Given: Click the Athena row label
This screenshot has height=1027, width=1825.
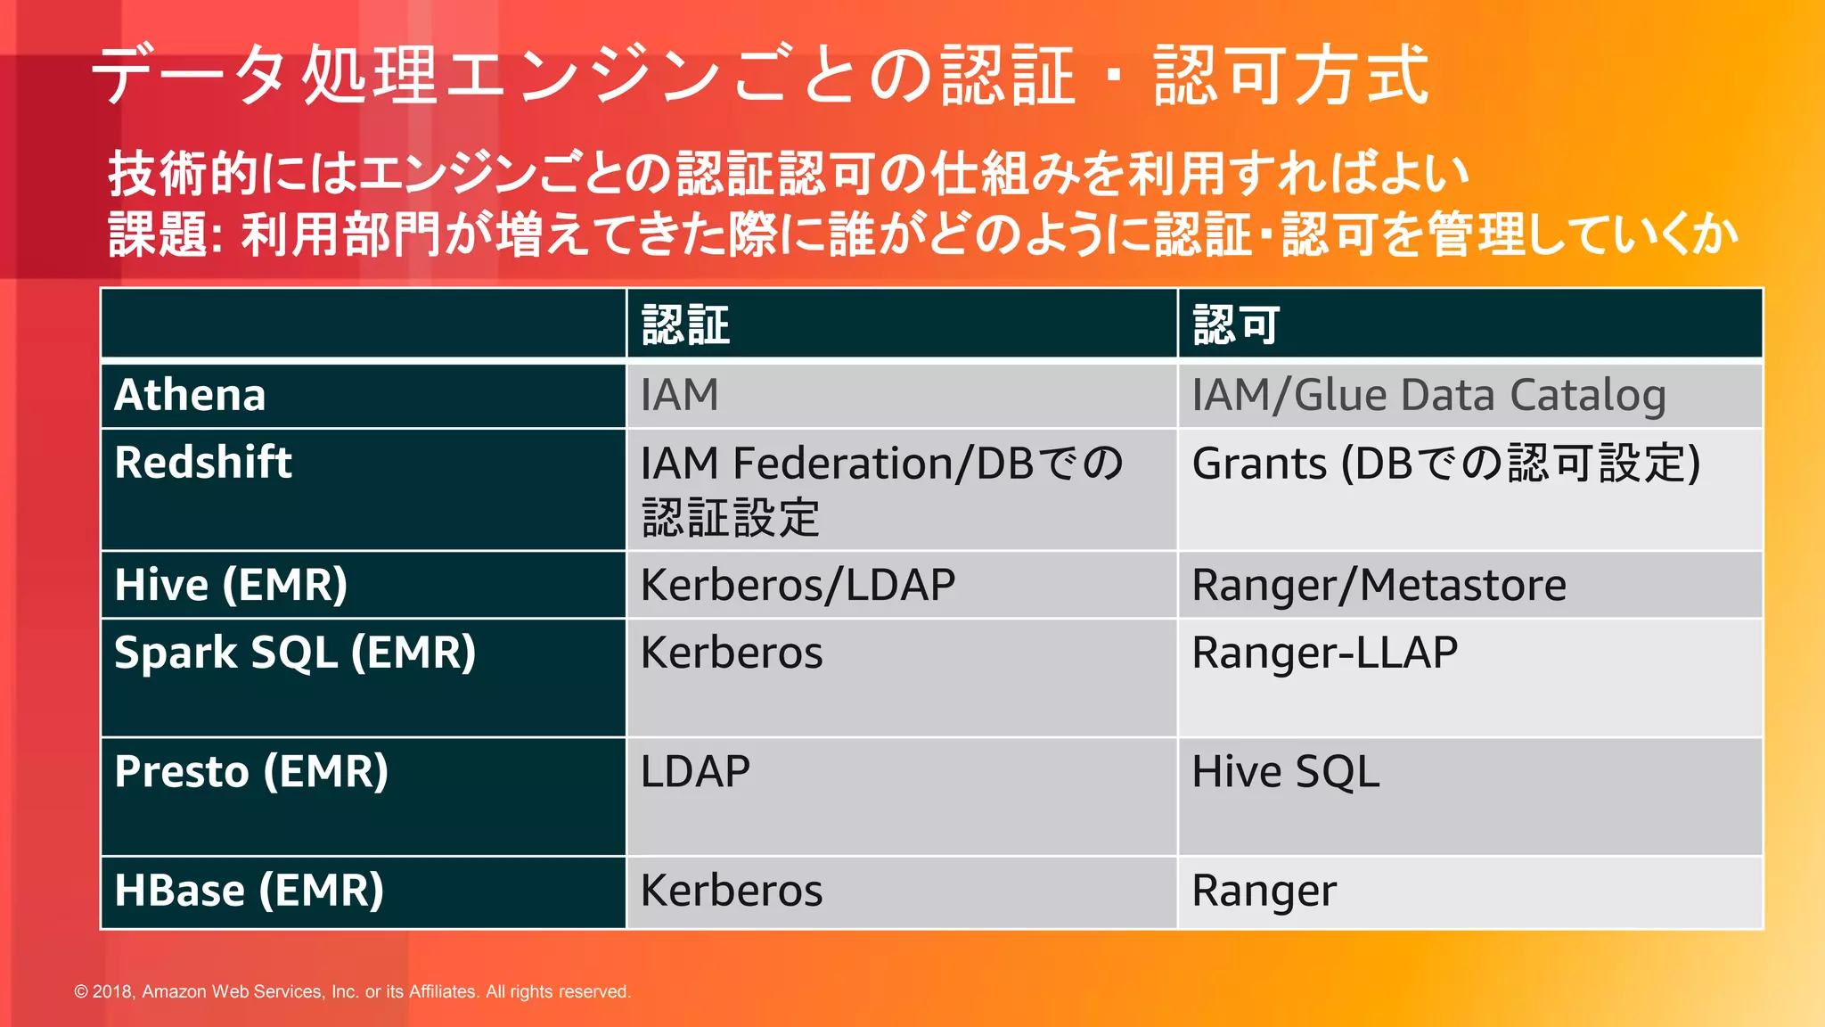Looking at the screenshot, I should coord(190,395).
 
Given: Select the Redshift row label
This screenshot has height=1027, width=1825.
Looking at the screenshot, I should coord(203,463).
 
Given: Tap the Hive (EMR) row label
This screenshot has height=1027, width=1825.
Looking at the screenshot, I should coord(231,585).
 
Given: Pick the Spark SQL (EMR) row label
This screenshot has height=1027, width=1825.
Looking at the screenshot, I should coord(295,653).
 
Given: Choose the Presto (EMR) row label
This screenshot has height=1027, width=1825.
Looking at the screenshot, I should coord(251,772).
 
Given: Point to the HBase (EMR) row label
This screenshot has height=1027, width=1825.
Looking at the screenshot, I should coord(249,891).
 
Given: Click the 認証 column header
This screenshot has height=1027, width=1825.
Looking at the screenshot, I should coord(685,325).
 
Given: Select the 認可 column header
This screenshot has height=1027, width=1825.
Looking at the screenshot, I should coord(1236,325).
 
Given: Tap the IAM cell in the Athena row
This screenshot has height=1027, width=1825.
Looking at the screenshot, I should coord(679,395).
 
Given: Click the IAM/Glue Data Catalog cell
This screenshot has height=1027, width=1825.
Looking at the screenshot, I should coord(1428,395).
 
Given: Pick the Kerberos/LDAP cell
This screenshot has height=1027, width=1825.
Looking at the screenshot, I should coord(798,585).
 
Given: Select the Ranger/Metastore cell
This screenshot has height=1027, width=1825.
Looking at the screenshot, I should coord(1379,585).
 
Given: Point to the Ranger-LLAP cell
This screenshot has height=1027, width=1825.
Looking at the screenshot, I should coord(1324,653).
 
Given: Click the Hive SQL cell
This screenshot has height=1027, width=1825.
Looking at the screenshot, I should coord(1285,772).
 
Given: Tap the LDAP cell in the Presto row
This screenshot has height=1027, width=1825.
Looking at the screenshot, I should coord(695,772).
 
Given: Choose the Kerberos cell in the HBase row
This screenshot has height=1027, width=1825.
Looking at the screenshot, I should coord(731,891).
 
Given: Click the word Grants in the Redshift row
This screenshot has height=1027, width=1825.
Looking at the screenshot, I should coord(1259,464).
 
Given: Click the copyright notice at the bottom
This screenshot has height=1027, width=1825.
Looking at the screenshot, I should coord(352,991).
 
